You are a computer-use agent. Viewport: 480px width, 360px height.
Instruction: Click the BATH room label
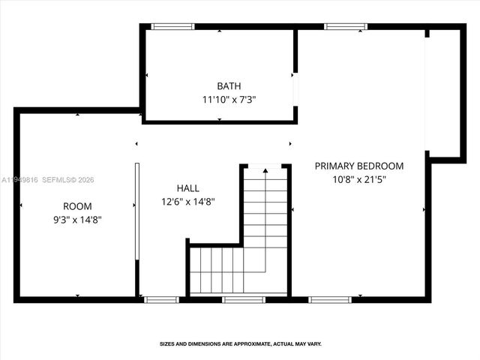point(229,86)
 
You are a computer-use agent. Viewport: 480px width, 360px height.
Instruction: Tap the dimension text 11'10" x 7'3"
point(234,99)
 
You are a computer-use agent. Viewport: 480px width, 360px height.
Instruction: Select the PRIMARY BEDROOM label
point(358,166)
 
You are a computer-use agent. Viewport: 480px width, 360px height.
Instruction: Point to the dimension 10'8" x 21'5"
point(358,179)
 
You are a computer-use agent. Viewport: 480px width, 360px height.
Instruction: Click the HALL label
point(188,187)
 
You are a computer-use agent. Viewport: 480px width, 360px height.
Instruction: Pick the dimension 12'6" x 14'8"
point(188,201)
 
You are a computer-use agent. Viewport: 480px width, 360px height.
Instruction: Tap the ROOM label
point(77,206)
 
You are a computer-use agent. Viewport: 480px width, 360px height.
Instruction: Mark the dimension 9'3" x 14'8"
point(77,220)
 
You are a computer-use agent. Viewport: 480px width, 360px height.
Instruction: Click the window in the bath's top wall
point(173,27)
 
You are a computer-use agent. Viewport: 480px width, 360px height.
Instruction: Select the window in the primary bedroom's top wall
point(346,27)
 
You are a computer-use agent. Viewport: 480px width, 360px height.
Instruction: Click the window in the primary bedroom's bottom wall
point(330,299)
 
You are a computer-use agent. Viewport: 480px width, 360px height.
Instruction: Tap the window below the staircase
point(244,299)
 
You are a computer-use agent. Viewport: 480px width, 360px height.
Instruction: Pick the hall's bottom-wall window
point(161,299)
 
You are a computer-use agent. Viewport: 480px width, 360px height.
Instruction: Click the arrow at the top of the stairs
point(265,172)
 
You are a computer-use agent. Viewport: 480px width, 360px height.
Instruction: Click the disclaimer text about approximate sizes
point(240,343)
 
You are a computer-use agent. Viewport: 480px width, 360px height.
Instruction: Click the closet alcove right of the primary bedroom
point(444,94)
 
